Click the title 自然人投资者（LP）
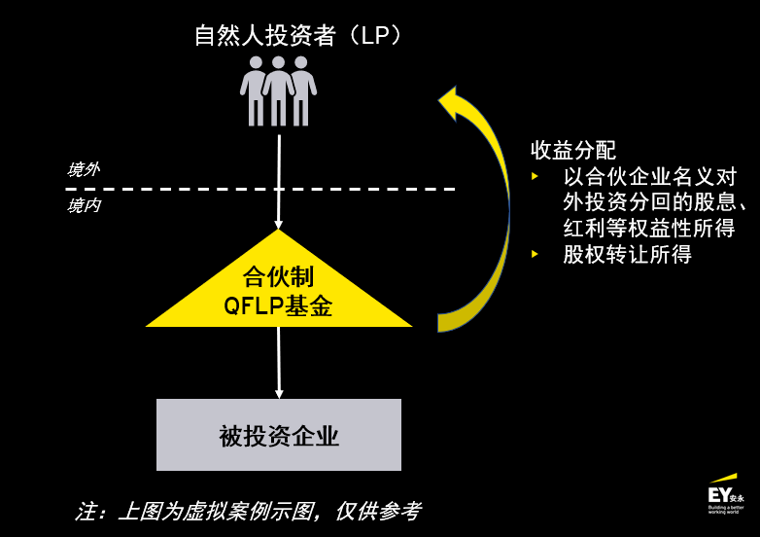[297, 35]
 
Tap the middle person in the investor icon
[278, 91]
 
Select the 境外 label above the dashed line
[84, 169]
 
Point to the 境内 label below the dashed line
[84, 205]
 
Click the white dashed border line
[260, 189]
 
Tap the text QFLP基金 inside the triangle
[278, 306]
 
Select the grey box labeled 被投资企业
[279, 435]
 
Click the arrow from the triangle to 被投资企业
[279, 363]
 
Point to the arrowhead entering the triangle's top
[279, 225]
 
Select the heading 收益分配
[573, 150]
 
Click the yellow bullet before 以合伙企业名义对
[535, 176]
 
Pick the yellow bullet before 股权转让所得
[535, 254]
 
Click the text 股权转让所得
[627, 254]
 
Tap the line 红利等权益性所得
[649, 228]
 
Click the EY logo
[725, 494]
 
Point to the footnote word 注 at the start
[86, 512]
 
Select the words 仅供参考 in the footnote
[379, 512]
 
